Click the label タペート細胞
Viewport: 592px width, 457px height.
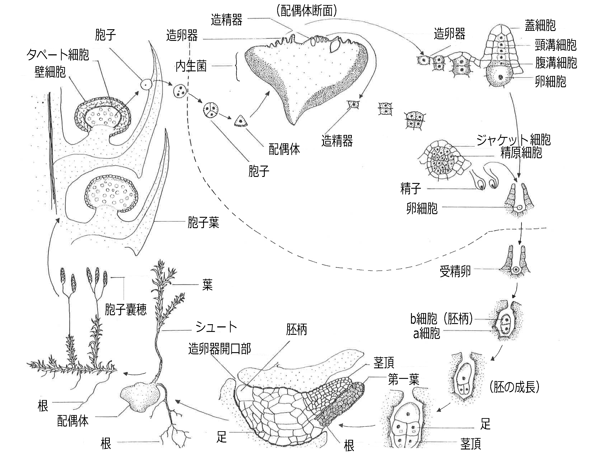58,55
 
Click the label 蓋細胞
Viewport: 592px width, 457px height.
540,25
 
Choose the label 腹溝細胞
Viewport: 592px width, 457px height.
556,63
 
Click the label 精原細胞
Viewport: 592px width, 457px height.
521,153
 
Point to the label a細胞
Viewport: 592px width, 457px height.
426,333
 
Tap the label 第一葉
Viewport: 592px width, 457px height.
404,380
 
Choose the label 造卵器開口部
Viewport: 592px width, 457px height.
220,349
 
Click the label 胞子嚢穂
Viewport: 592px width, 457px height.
126,310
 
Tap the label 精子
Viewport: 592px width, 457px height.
411,188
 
